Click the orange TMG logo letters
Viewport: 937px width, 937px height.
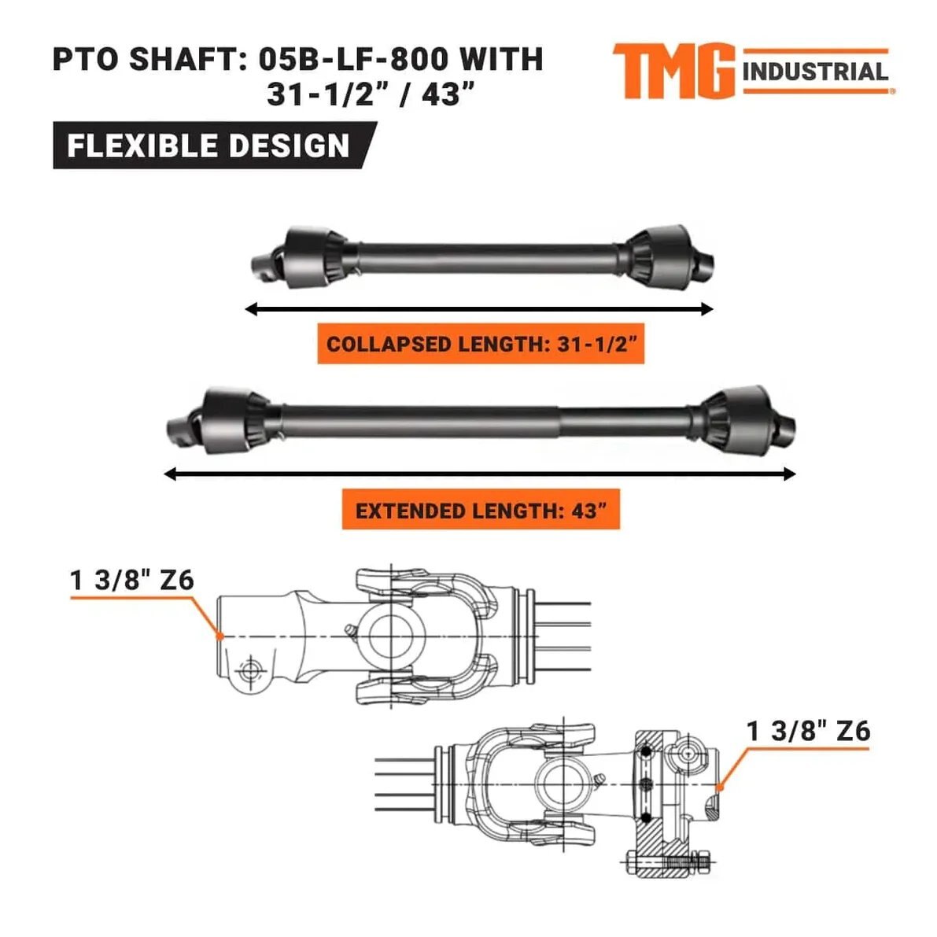pyautogui.click(x=673, y=71)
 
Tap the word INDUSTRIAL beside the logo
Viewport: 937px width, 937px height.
pyautogui.click(x=815, y=72)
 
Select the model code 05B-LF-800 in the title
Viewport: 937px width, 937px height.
pyautogui.click(x=353, y=59)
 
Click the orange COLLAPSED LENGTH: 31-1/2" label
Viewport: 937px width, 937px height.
pyautogui.click(x=481, y=344)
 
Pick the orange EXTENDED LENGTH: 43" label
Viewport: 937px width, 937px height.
pyautogui.click(x=481, y=510)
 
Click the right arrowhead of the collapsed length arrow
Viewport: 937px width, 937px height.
pyautogui.click(x=707, y=309)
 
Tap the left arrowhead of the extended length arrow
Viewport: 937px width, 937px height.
pyautogui.click(x=170, y=474)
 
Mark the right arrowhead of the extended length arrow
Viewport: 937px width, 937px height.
pyautogui.click(x=789, y=474)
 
